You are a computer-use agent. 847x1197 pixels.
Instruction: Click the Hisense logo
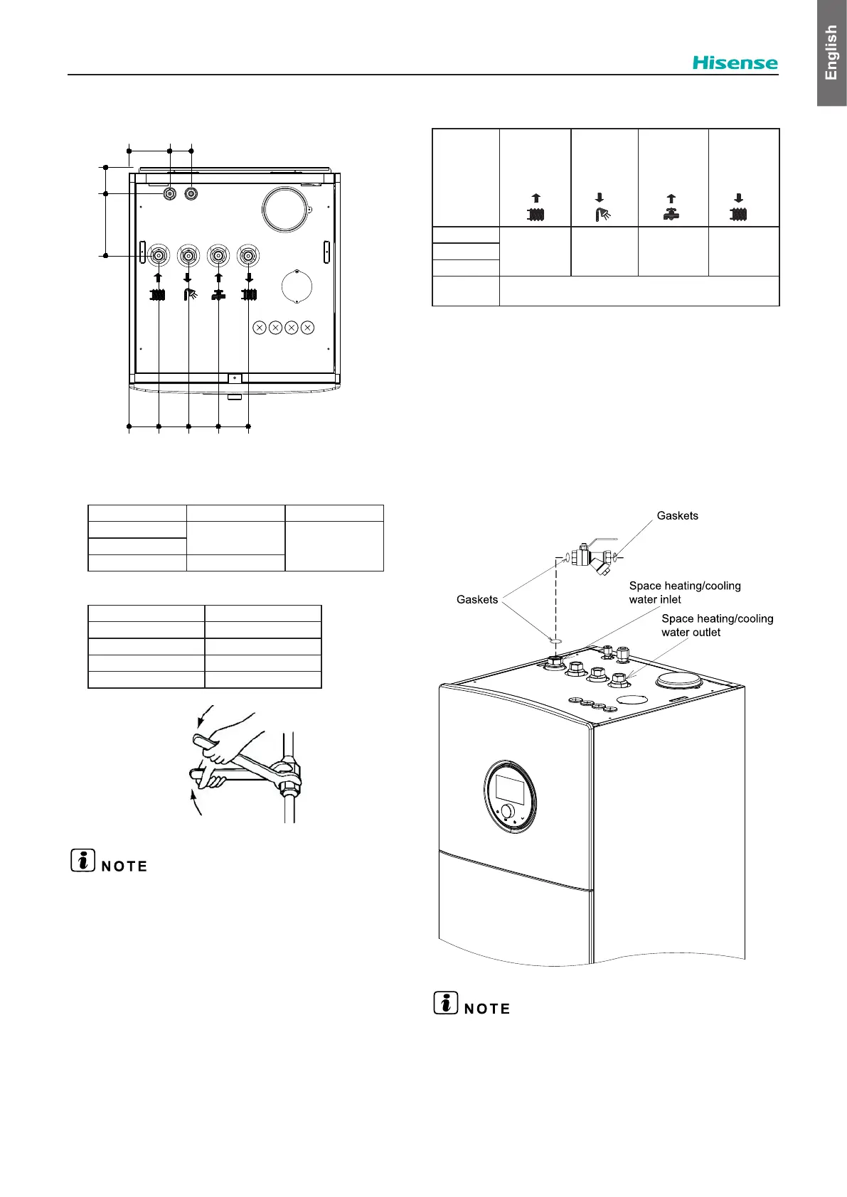(x=735, y=63)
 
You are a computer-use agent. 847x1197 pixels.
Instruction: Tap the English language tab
(x=831, y=53)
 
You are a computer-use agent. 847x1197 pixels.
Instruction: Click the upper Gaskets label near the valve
(x=677, y=515)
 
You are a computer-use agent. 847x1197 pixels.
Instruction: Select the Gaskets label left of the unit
(x=477, y=599)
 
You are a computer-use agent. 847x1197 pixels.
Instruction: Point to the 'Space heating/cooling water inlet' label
(x=684, y=592)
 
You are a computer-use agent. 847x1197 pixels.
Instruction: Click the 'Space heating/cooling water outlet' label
(x=717, y=625)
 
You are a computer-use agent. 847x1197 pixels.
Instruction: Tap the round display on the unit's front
(x=511, y=795)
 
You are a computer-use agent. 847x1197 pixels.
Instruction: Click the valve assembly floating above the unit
(x=590, y=557)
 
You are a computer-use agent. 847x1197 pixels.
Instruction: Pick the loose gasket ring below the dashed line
(x=555, y=640)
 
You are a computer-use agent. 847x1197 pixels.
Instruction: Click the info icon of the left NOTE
(x=83, y=860)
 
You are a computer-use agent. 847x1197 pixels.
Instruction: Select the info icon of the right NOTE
(x=446, y=1002)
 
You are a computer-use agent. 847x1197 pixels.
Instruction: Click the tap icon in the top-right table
(x=671, y=213)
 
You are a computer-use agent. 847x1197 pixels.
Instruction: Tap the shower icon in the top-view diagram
(x=189, y=294)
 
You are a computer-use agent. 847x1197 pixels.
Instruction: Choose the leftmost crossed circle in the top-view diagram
(x=260, y=328)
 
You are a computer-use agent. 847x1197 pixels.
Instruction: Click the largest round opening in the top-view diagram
(x=285, y=209)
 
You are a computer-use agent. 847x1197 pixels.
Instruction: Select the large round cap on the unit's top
(x=679, y=681)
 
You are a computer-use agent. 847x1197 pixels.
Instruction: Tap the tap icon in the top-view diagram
(x=218, y=294)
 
